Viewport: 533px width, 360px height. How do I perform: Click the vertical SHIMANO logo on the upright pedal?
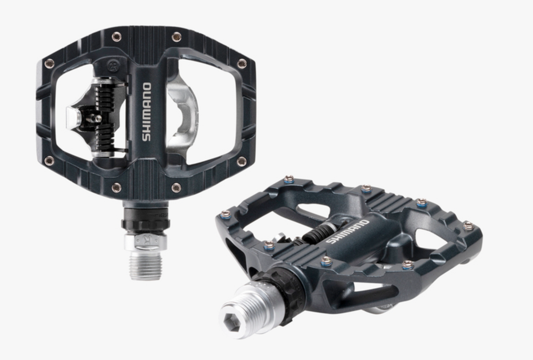click(147, 112)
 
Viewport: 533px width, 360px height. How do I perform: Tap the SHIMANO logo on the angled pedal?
click(348, 231)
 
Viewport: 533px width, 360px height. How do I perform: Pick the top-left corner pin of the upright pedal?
click(49, 63)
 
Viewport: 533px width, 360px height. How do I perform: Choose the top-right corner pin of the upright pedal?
click(242, 63)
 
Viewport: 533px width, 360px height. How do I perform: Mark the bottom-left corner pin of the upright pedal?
click(49, 161)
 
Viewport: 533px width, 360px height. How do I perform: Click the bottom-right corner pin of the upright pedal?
click(242, 161)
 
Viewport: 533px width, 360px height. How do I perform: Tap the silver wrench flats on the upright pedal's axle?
click(145, 242)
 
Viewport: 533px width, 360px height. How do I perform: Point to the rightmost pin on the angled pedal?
click(468, 226)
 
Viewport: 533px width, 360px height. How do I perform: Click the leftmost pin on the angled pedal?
click(225, 214)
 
